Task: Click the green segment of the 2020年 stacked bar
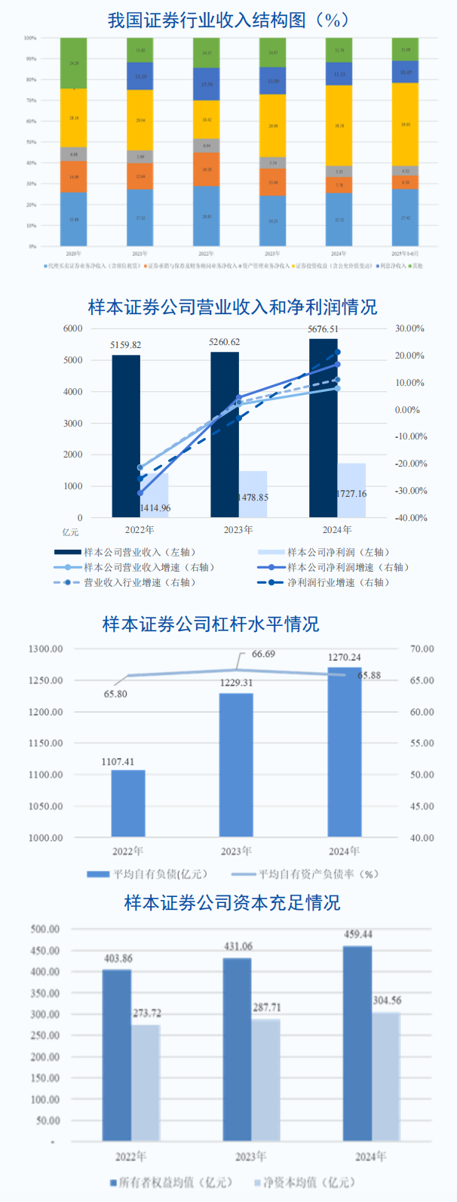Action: pos(73,63)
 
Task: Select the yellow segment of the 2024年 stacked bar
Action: pos(339,125)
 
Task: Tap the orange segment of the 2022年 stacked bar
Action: pos(206,169)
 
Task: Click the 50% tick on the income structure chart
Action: pos(31,142)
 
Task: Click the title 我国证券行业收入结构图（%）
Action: pos(228,20)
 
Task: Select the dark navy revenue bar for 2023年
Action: pos(225,434)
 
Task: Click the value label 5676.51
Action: pos(323,330)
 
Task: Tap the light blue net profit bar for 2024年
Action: pos(351,490)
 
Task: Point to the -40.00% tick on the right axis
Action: pos(411,518)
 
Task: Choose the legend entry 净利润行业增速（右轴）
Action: pos(331,583)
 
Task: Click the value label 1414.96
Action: pos(155,508)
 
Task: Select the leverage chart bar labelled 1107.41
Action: pos(128,803)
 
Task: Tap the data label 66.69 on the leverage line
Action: pos(263,654)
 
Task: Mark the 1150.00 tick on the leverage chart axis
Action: pos(46,744)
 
